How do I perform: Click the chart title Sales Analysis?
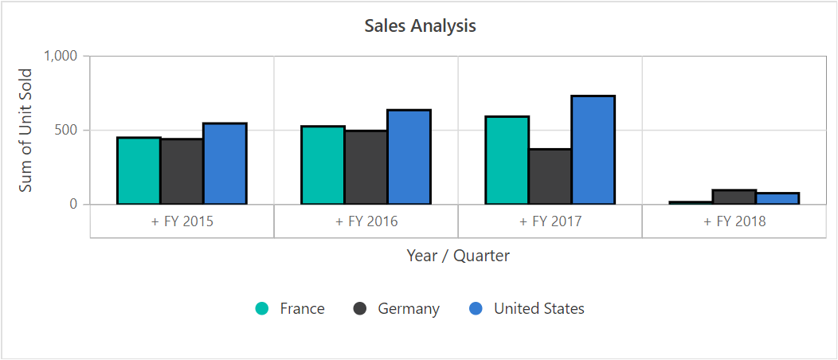420,25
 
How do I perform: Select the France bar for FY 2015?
139,170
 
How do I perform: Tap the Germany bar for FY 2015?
182,171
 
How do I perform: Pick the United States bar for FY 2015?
225,163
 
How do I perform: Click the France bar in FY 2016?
323,165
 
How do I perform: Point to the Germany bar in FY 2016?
366,167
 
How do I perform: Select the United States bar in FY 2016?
409,157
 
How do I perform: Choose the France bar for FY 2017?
507,160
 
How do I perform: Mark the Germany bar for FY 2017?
550,176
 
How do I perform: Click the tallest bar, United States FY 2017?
593,150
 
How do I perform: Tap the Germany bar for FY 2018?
734,197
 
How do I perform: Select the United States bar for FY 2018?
777,198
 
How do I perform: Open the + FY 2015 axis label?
182,221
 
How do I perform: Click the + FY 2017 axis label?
550,221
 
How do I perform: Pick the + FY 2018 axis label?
734,221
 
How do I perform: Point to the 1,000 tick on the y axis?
61,57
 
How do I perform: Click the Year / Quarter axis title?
458,256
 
